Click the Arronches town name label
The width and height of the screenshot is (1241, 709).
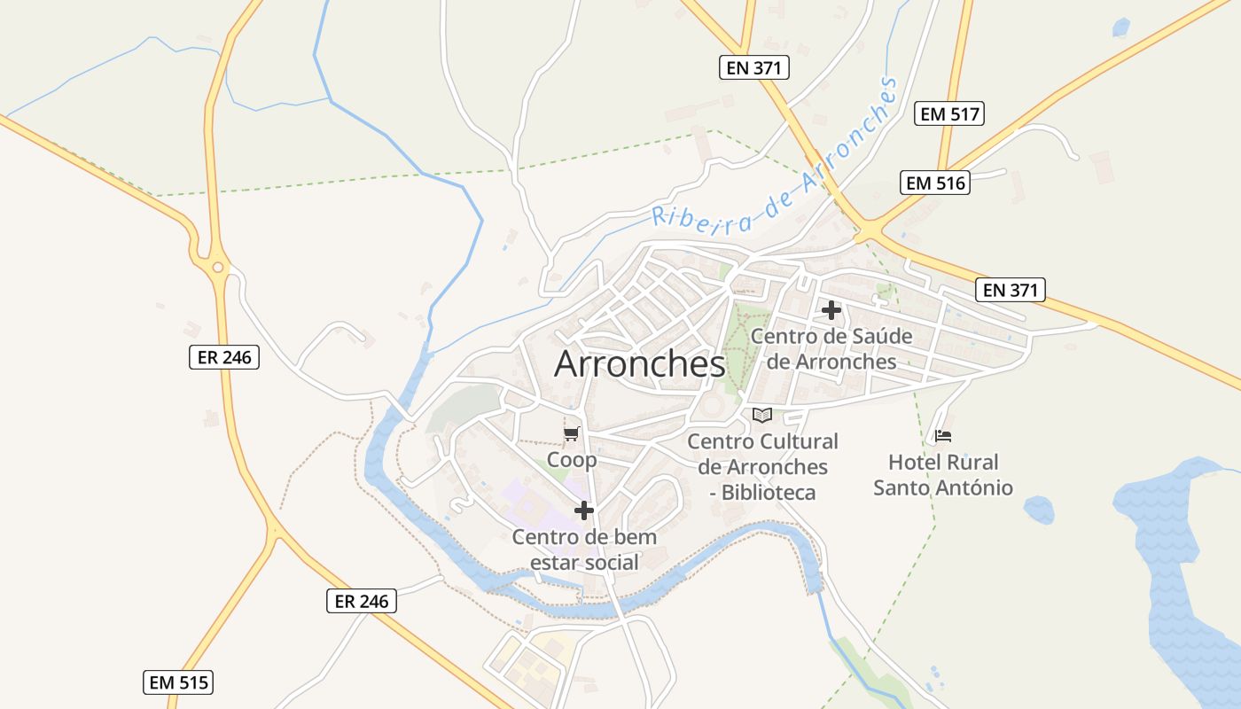(x=639, y=364)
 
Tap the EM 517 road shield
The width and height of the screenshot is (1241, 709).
(x=949, y=113)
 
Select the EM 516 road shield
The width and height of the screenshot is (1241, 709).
(x=934, y=183)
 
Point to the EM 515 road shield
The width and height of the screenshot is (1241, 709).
(x=178, y=682)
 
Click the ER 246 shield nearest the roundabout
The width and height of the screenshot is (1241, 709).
(x=224, y=357)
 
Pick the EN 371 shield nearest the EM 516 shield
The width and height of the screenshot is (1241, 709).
(x=1011, y=289)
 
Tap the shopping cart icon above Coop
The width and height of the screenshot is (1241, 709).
(x=572, y=433)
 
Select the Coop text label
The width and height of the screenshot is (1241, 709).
(x=572, y=460)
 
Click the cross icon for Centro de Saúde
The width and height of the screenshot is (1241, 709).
(x=831, y=310)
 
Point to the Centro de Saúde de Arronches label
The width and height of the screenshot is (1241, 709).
(x=831, y=349)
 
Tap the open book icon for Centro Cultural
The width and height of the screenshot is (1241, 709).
(x=762, y=415)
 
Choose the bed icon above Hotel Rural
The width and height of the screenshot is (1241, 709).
(x=943, y=436)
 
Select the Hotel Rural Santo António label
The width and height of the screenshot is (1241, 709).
(x=943, y=475)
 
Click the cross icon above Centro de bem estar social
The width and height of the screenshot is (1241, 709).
(x=584, y=510)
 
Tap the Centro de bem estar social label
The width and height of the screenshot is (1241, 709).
(x=584, y=549)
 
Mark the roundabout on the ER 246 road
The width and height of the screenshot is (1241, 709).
(x=217, y=266)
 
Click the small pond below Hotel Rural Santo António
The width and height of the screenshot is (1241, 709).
(x=1038, y=510)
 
